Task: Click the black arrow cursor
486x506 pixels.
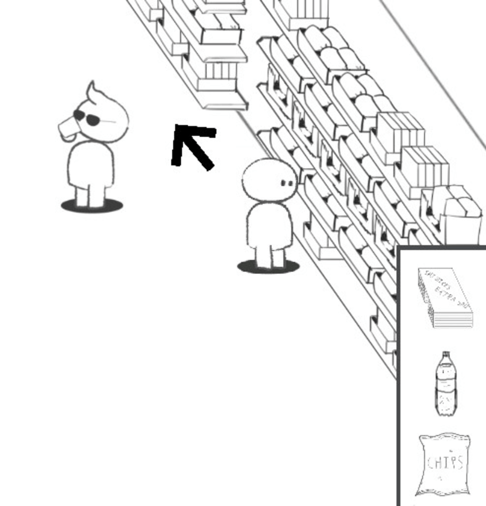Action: [192, 145]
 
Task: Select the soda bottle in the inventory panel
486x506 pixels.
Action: [446, 384]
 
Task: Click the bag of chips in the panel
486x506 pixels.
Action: [444, 464]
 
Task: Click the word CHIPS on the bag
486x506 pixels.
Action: [445, 462]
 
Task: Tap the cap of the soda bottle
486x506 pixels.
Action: [446, 356]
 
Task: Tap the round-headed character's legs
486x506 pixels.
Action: [270, 257]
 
